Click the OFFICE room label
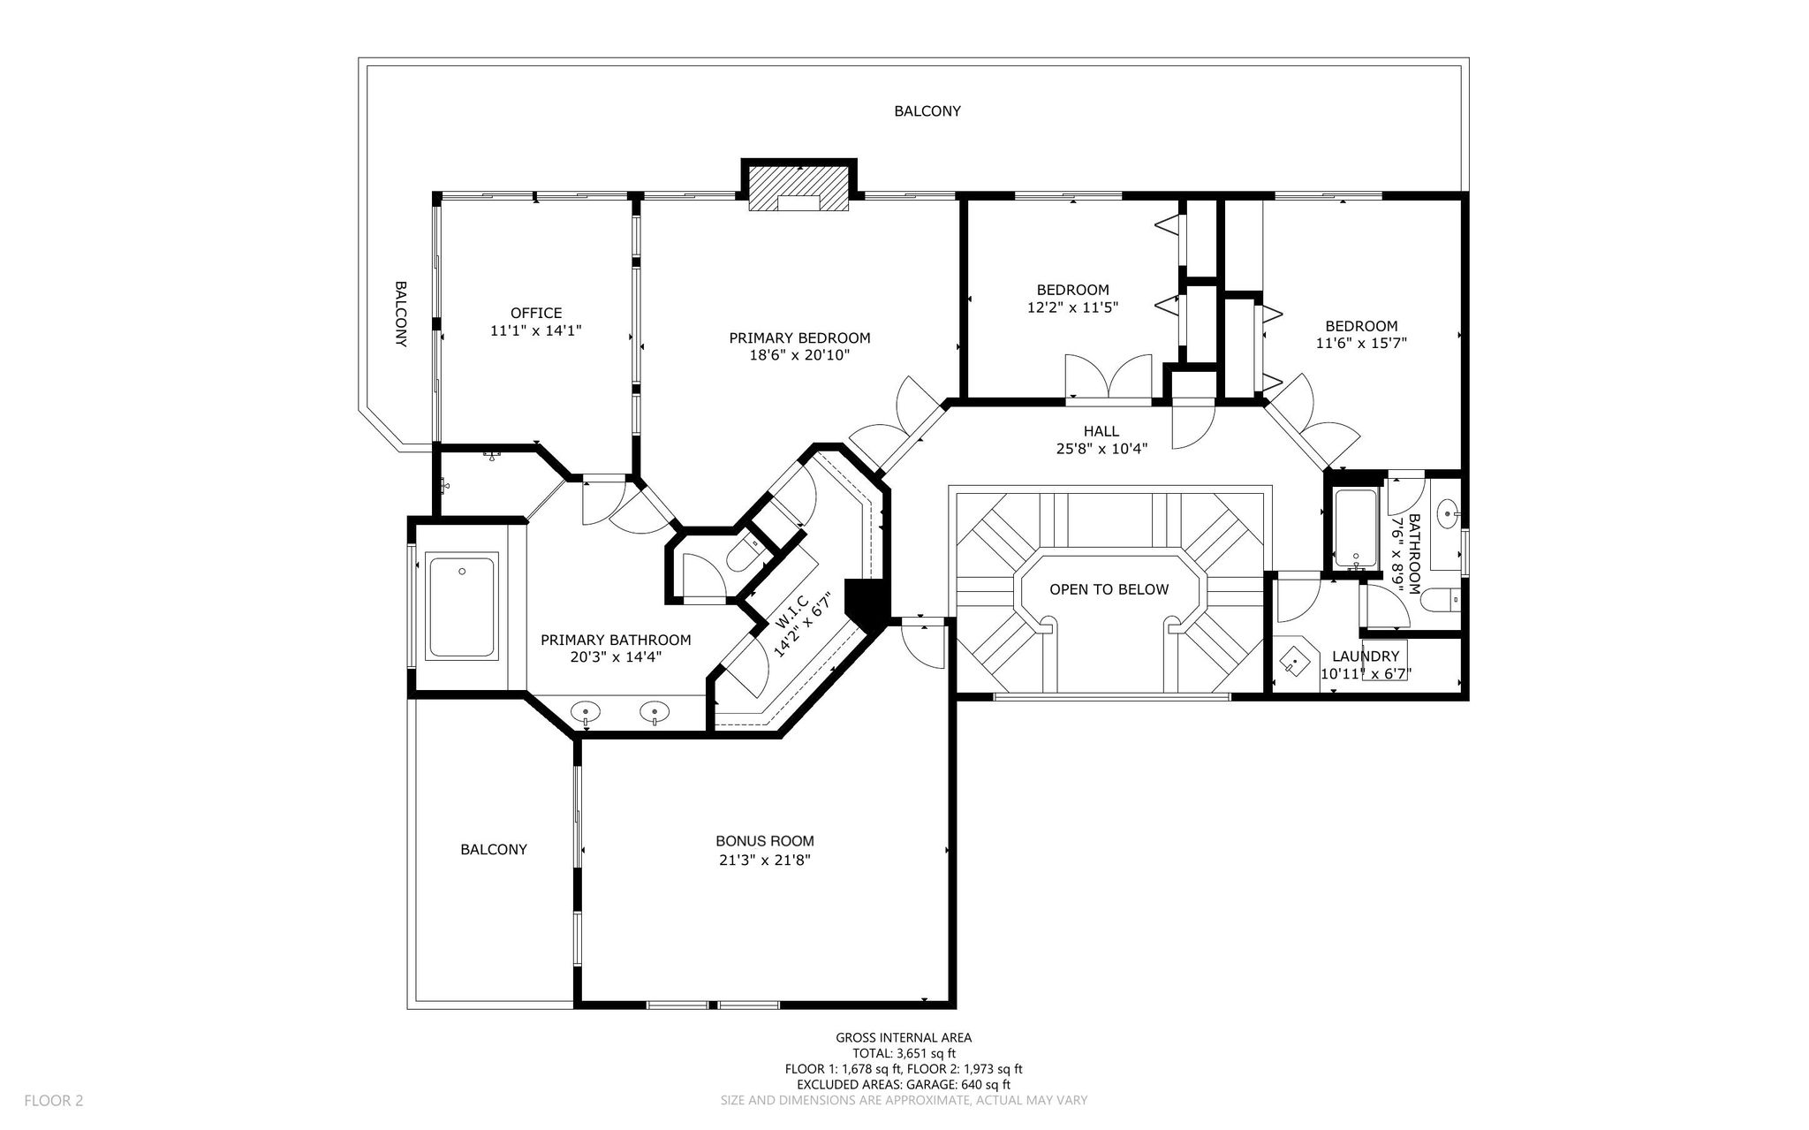[x=536, y=313]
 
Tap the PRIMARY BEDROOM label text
[x=799, y=337]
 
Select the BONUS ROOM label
[x=765, y=841]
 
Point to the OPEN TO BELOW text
[x=1109, y=589]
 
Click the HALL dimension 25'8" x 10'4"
[x=1101, y=448]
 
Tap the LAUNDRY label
[x=1366, y=656]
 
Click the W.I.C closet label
[x=792, y=611]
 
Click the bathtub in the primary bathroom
[x=462, y=605]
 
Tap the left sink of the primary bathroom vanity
[x=586, y=711]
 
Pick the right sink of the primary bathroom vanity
[x=655, y=710]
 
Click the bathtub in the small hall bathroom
[x=1355, y=528]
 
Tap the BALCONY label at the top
[x=927, y=111]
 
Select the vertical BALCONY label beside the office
[x=400, y=314]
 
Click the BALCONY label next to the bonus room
[x=494, y=849]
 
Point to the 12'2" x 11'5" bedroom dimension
[x=1072, y=307]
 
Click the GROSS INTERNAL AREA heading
[x=904, y=1038]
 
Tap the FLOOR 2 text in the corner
[x=53, y=1100]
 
